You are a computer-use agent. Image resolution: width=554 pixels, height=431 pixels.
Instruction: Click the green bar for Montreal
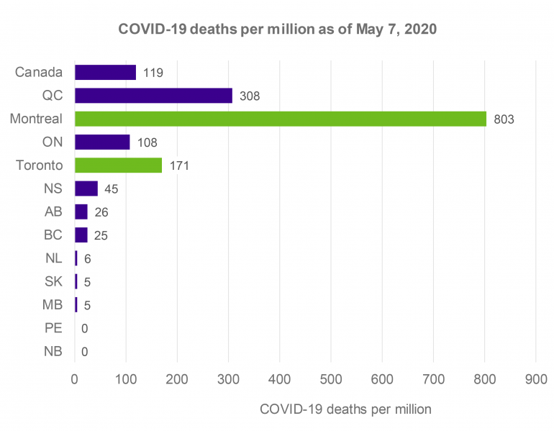pos(281,119)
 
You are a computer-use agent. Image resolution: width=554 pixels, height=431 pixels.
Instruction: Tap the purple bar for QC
pos(153,96)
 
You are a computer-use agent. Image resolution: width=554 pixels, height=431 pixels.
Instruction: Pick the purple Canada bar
pos(105,73)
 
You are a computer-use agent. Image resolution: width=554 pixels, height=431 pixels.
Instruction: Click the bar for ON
pos(102,142)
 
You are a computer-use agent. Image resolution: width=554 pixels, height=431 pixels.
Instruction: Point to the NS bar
pos(86,189)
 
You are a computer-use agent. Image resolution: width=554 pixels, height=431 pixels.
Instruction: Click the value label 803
pos(504,119)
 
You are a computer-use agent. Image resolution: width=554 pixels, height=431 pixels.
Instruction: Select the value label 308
pos(250,96)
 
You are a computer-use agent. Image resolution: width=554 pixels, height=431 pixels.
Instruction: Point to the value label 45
pos(111,189)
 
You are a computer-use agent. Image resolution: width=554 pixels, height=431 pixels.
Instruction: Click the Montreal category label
pos(36,119)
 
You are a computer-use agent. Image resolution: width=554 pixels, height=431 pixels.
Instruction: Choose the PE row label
pos(53,328)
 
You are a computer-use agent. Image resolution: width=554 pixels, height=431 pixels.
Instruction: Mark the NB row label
pos(53,352)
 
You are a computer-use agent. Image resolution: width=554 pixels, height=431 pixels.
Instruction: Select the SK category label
pos(53,281)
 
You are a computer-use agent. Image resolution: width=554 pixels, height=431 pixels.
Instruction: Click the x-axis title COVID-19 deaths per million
pos(345,409)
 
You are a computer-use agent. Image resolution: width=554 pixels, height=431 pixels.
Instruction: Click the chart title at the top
pos(276,31)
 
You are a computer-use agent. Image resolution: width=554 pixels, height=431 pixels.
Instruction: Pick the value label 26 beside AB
pos(101,212)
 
